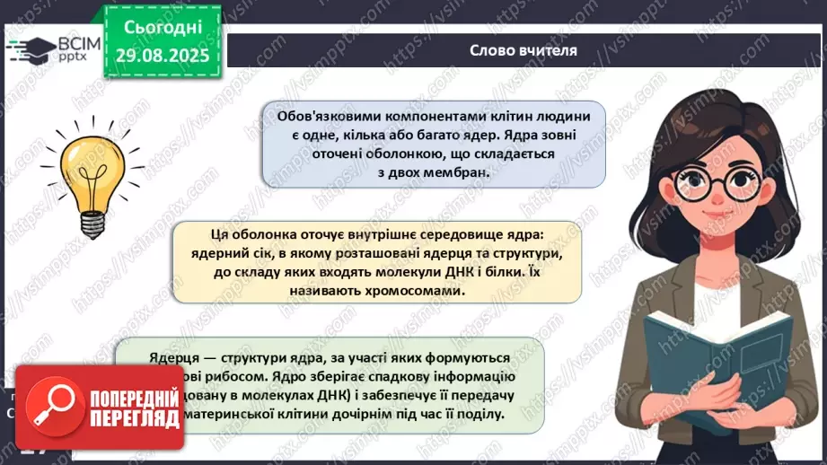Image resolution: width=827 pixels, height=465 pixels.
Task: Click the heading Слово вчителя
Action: [x=523, y=49]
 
